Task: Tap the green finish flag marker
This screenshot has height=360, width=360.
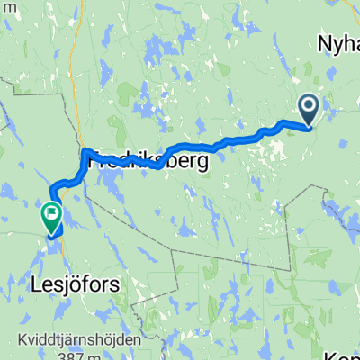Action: coord(50,217)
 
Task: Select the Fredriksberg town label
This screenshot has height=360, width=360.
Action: coord(148,162)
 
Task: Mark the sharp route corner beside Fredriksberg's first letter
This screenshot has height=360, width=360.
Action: coord(84,152)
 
